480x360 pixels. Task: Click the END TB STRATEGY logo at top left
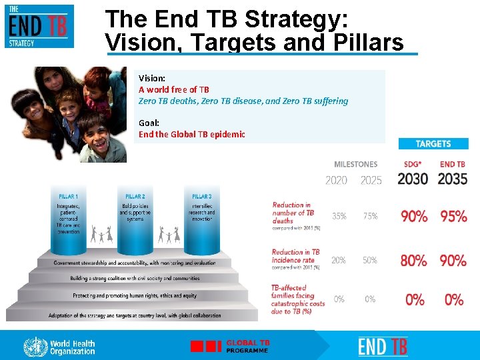tap(39, 26)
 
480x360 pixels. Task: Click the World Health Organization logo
tap(59, 347)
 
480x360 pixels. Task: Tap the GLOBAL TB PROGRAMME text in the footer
tap(248, 346)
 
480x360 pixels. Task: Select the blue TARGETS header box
tap(433, 143)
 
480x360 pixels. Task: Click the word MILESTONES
tap(355, 164)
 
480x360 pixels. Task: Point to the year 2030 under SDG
tap(413, 179)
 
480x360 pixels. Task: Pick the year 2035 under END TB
tap(453, 179)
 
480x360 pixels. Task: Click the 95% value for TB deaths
tap(453, 217)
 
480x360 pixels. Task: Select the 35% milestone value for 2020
tap(339, 216)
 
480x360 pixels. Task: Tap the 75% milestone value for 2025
tap(370, 216)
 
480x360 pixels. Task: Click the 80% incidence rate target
tap(413, 261)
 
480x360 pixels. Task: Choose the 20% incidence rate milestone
tap(339, 260)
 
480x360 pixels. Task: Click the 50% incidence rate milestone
tap(370, 260)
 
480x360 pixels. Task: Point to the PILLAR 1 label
tap(67, 197)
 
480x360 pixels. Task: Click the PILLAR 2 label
tap(135, 197)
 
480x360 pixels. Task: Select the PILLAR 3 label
tap(201, 197)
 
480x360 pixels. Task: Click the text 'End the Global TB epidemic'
tap(192, 134)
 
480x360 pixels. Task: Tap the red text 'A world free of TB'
tap(174, 89)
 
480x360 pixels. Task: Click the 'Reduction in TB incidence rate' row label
tap(295, 257)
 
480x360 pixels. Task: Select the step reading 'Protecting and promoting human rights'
tap(135, 295)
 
